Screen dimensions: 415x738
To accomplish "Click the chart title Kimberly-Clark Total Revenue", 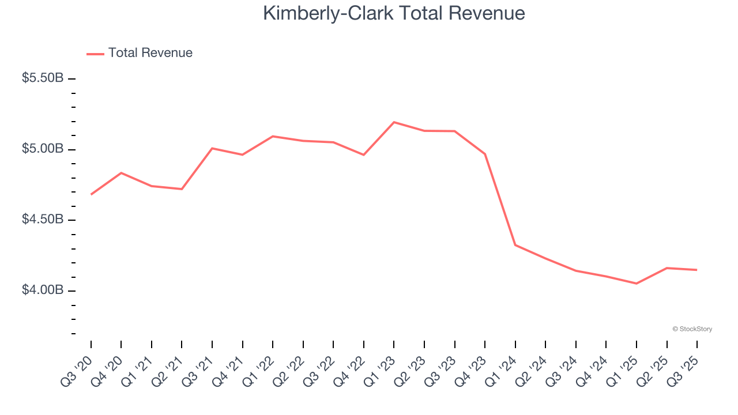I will click(x=394, y=14).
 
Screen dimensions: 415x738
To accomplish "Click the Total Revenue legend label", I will click(x=150, y=53).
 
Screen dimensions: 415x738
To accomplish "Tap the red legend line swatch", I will click(x=95, y=54).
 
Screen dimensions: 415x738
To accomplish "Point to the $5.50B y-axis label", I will click(x=43, y=78).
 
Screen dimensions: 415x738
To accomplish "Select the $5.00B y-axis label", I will click(x=43, y=149).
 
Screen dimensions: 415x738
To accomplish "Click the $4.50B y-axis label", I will click(x=43, y=220).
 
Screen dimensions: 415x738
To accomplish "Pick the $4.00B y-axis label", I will click(x=43, y=290).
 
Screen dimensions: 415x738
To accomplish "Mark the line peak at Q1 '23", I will click(x=394, y=122).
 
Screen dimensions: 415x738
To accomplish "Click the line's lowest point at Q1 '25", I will click(x=637, y=284).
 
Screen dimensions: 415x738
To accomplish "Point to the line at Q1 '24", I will click(x=515, y=245).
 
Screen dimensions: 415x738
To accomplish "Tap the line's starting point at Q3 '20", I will click(x=91, y=195).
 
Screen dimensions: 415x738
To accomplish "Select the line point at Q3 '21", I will click(x=212, y=148).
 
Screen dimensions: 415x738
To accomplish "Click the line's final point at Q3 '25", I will click(x=697, y=270).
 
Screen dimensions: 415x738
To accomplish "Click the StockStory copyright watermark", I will click(x=692, y=329).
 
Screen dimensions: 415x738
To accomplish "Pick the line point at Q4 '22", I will click(x=364, y=154).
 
